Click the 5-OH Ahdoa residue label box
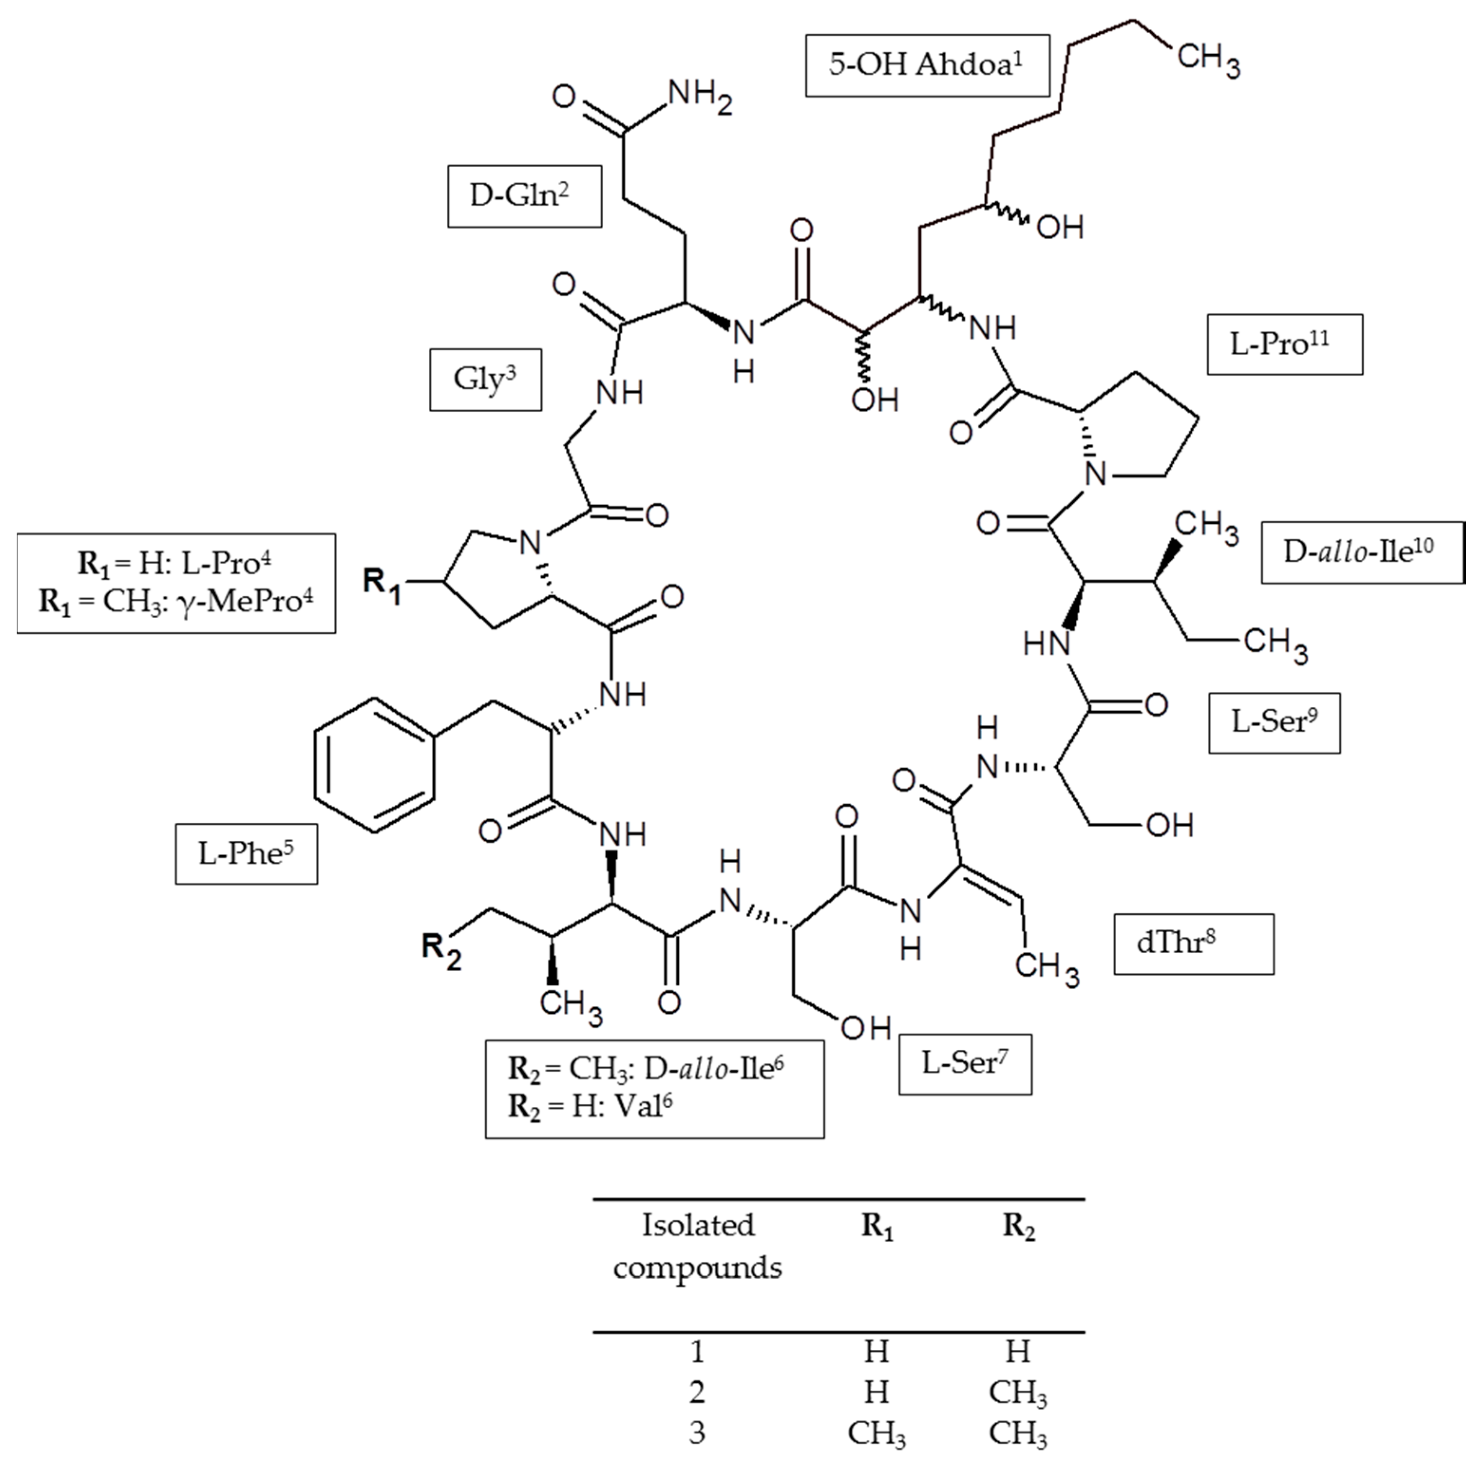click(x=927, y=65)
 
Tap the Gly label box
click(x=485, y=380)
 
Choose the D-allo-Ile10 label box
click(x=1362, y=552)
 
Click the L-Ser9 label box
click(x=1274, y=723)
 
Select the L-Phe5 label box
click(x=246, y=854)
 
